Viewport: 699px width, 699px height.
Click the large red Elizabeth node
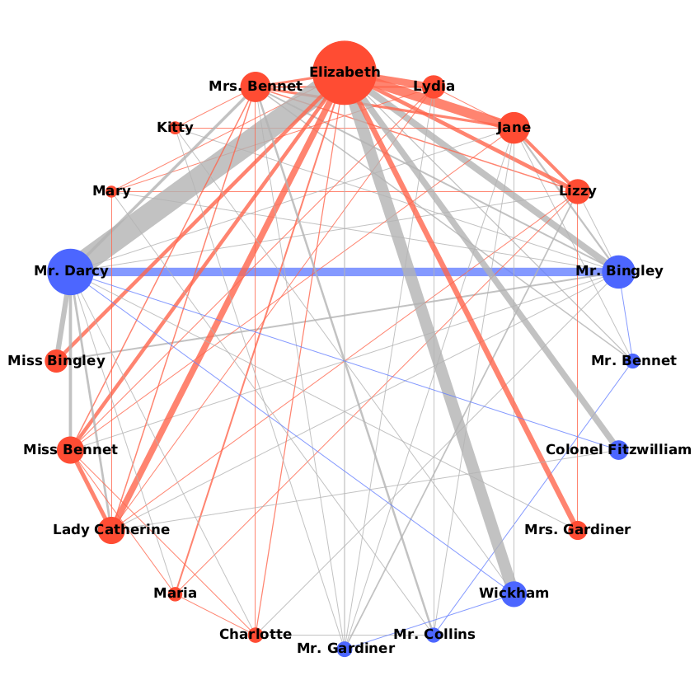pyautogui.click(x=345, y=73)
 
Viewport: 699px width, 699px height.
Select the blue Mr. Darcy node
pyautogui.click(x=71, y=271)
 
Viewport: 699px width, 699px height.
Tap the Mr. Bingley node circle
pyautogui.click(x=618, y=271)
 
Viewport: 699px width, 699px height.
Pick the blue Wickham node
pyautogui.click(x=514, y=593)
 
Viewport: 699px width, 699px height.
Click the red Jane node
pyautogui.click(x=514, y=128)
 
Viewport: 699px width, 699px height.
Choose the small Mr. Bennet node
pyautogui.click(x=633, y=361)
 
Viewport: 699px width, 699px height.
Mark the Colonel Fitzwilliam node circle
pyautogui.click(x=618, y=450)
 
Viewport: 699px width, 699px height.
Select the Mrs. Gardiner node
pyautogui.click(x=578, y=530)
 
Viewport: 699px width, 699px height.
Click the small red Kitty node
pyautogui.click(x=176, y=128)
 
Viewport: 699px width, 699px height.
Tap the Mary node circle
pyautogui.click(x=111, y=191)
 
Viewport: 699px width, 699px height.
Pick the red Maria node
pyautogui.click(x=175, y=593)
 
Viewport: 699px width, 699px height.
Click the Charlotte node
pyautogui.click(x=256, y=635)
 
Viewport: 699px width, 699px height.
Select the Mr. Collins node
pyautogui.click(x=434, y=636)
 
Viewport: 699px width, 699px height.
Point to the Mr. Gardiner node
pyautogui.click(x=345, y=650)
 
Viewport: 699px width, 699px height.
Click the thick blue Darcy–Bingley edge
pyautogui.click(x=346, y=271)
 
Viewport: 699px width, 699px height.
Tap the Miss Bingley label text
pyautogui.click(x=56, y=361)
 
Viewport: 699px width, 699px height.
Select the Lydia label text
pyautogui.click(x=434, y=86)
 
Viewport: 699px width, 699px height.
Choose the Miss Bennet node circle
pyautogui.click(x=71, y=450)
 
